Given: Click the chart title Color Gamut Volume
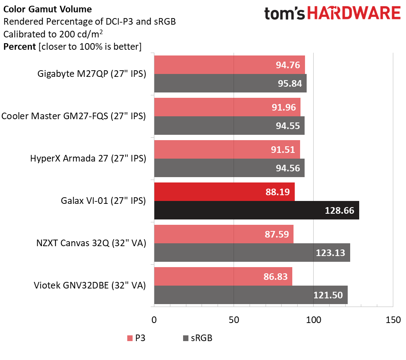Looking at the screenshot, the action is pyautogui.click(x=47, y=9).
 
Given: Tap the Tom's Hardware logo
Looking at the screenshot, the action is pyautogui.click(x=333, y=14).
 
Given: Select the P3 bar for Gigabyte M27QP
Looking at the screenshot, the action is pyautogui.click(x=229, y=65).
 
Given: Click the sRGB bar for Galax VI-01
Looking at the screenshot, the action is pyautogui.click(x=257, y=210).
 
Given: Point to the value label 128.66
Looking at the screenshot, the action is pyautogui.click(x=339, y=210).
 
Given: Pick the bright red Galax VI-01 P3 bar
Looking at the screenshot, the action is pyautogui.click(x=224, y=192).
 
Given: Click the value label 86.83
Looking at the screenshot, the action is pyautogui.click(x=275, y=277).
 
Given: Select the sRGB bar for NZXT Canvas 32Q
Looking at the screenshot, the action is pyautogui.click(x=252, y=252).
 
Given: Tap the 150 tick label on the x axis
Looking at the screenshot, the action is pyautogui.click(x=393, y=320).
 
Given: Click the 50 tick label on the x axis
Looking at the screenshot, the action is pyautogui.click(x=234, y=320).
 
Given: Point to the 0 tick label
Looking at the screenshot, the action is pyautogui.click(x=154, y=320).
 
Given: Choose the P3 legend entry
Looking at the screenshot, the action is pyautogui.click(x=136, y=338).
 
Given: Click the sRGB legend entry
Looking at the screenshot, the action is pyautogui.click(x=197, y=338).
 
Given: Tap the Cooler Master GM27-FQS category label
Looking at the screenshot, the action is pyautogui.click(x=73, y=116).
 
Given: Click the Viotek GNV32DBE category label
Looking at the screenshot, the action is pyautogui.click(x=90, y=285).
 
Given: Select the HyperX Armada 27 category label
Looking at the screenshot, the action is pyautogui.click(x=88, y=158).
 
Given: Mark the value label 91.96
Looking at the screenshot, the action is pyautogui.click(x=284, y=107).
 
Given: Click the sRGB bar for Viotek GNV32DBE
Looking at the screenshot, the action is pyautogui.click(x=251, y=295).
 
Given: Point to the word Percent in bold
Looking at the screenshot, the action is pyautogui.click(x=20, y=47).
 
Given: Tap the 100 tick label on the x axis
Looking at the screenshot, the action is pyautogui.click(x=314, y=320).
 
